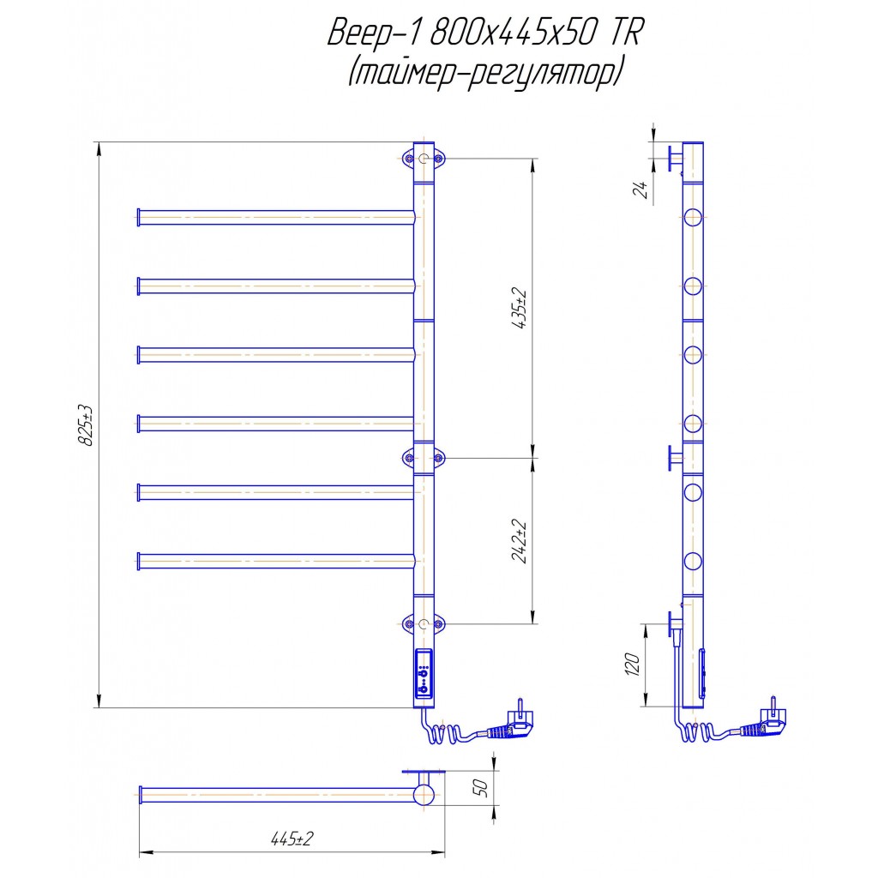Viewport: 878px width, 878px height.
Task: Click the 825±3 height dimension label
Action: pyautogui.click(x=85, y=425)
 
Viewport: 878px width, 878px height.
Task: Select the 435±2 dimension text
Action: pyautogui.click(x=519, y=309)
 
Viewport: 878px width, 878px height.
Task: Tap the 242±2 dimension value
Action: pyautogui.click(x=519, y=541)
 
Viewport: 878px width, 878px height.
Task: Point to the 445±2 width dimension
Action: pyautogui.click(x=292, y=839)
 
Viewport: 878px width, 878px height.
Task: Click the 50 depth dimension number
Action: pyautogui.click(x=480, y=787)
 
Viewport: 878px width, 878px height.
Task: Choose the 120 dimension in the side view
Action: pyautogui.click(x=632, y=665)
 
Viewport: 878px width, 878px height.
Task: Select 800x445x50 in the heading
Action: pyautogui.click(x=514, y=33)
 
